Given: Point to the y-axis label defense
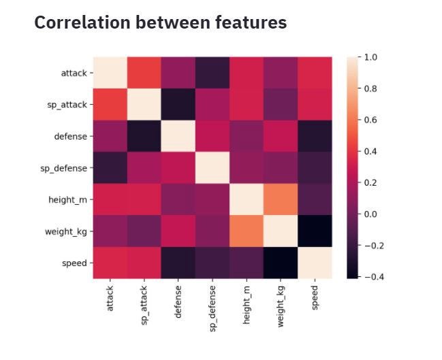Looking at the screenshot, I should tap(70, 136).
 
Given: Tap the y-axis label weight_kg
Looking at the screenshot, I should tap(67, 231).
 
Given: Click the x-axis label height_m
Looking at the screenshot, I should tap(247, 305).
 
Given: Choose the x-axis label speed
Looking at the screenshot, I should tap(315, 297).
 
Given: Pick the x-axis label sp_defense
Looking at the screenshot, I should tap(212, 308).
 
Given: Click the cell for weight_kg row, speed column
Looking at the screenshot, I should tap(315, 231).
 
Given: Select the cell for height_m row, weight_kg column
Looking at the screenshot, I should tap(281, 199).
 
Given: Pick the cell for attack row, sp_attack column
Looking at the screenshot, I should tap(144, 72).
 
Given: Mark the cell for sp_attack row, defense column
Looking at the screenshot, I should tap(178, 104).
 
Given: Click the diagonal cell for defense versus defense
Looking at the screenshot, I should tap(178, 136).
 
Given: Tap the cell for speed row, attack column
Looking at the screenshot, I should tap(110, 263).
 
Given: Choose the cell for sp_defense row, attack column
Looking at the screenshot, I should tap(110, 167).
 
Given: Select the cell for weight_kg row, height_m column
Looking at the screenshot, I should tap(247, 231).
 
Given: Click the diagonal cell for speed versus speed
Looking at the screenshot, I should tap(315, 263).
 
